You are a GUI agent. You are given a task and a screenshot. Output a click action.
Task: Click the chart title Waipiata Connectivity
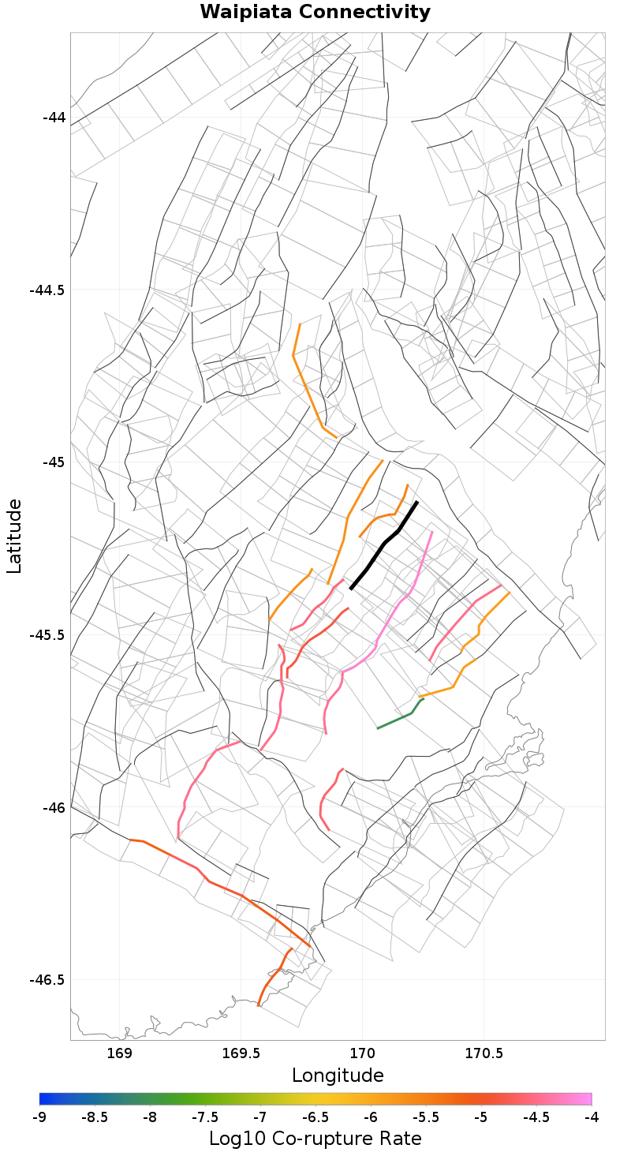tap(315, 13)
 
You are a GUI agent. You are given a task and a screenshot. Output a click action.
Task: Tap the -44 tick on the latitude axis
tap(54, 118)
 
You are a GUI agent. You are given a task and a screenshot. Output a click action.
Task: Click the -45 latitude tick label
tap(54, 462)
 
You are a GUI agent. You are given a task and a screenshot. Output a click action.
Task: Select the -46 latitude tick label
tap(54, 807)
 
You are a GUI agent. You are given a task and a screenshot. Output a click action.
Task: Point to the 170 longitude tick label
tap(362, 1053)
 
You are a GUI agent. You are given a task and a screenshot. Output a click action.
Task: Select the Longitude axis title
tap(338, 1076)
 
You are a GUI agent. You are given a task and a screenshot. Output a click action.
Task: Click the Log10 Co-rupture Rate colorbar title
tap(315, 1139)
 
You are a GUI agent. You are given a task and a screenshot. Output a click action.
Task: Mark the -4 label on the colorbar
tap(592, 1117)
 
